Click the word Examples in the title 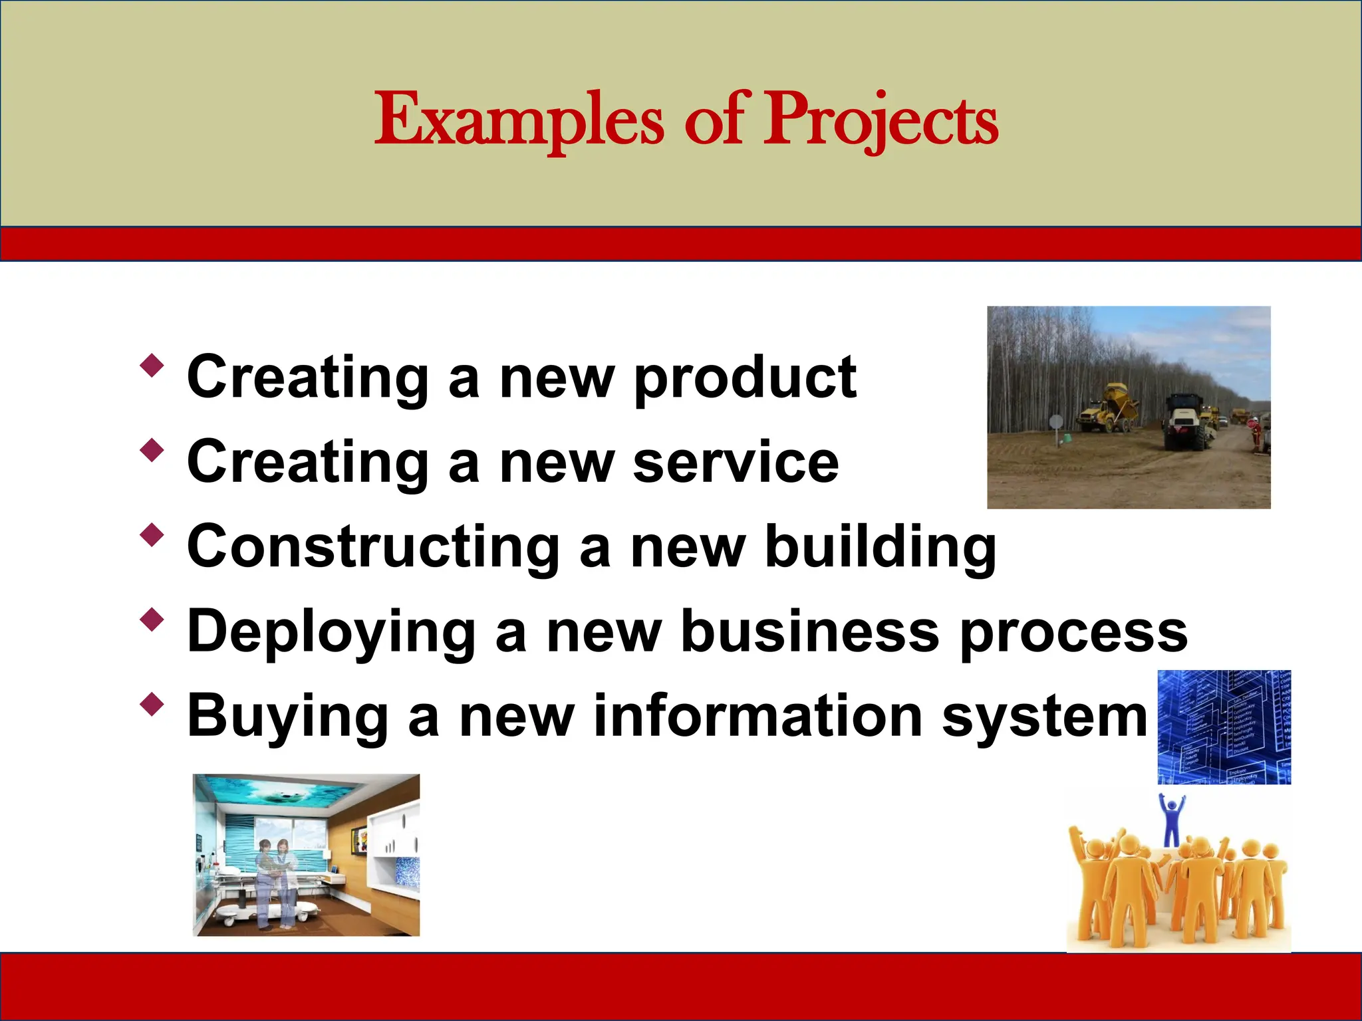tap(519, 121)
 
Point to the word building tap(881, 548)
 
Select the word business tap(810, 631)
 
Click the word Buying tap(287, 717)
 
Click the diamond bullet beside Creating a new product tap(152, 365)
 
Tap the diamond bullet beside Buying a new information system tap(152, 704)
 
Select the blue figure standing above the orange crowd tap(1171, 822)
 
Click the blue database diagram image tap(1224, 727)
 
